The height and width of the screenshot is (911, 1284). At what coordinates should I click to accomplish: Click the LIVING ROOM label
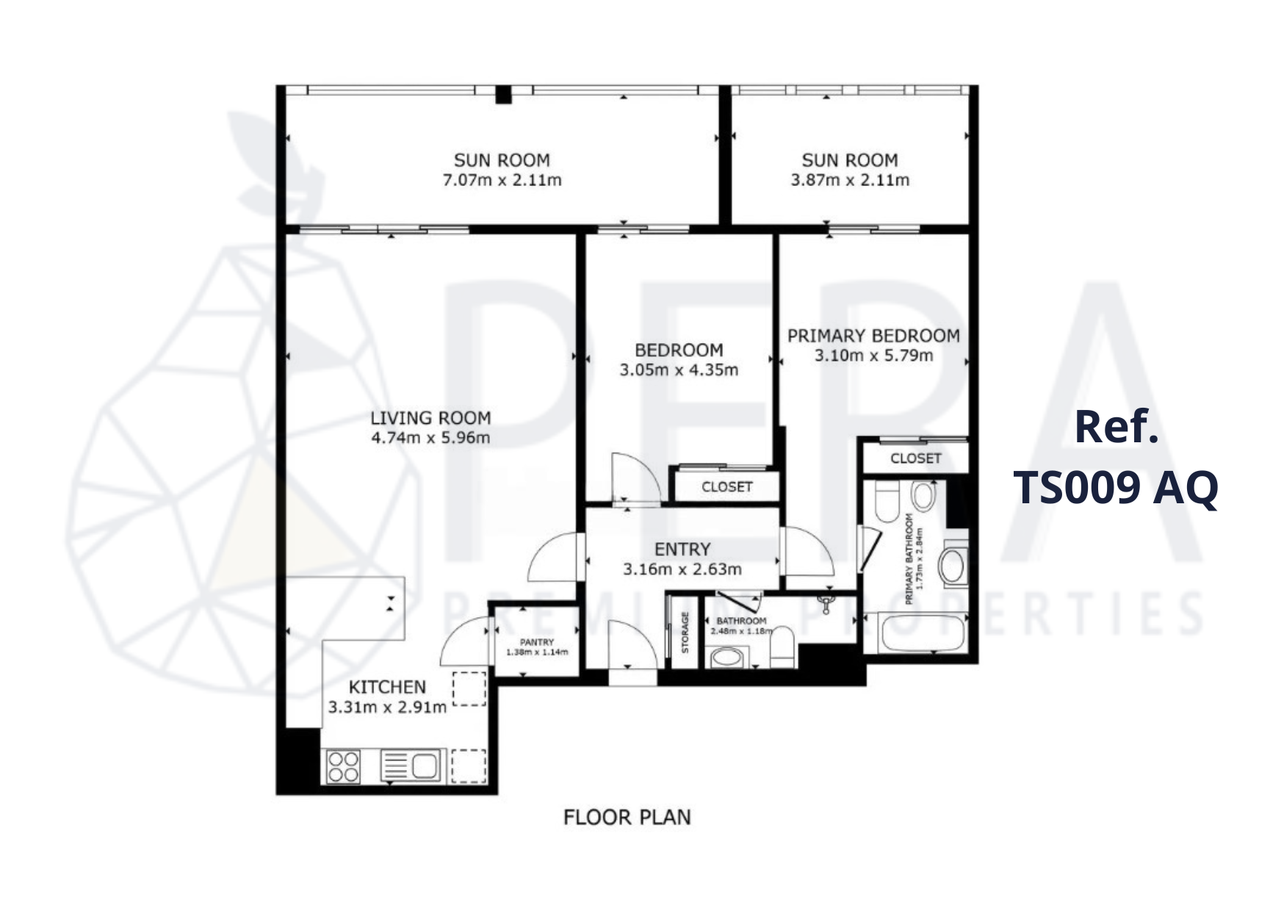click(430, 418)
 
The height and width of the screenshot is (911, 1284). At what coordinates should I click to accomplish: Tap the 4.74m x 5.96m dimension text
click(430, 439)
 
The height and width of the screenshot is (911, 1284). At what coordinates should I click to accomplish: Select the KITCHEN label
click(387, 687)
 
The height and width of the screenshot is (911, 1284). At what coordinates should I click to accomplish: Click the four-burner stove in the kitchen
click(343, 766)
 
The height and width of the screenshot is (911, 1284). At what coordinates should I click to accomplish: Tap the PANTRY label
click(537, 642)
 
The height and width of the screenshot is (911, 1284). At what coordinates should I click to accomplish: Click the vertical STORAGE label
click(685, 633)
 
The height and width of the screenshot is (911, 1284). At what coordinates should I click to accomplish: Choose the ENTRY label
click(682, 549)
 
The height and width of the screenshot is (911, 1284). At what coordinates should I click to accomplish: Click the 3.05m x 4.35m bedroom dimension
click(679, 370)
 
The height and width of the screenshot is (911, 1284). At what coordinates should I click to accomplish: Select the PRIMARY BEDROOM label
click(873, 336)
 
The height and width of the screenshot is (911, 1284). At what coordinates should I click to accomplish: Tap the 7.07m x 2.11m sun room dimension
click(502, 180)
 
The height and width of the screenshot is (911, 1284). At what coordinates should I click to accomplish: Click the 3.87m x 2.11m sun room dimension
click(850, 180)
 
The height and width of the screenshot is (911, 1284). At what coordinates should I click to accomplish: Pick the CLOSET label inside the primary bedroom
click(915, 458)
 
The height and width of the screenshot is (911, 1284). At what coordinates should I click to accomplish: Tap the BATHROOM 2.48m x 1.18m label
click(741, 626)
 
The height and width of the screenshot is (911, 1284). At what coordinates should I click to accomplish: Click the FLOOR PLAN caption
click(627, 817)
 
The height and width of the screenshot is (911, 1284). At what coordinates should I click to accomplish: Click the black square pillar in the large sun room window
click(503, 95)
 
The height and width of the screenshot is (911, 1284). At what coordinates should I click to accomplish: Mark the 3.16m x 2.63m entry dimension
click(682, 569)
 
